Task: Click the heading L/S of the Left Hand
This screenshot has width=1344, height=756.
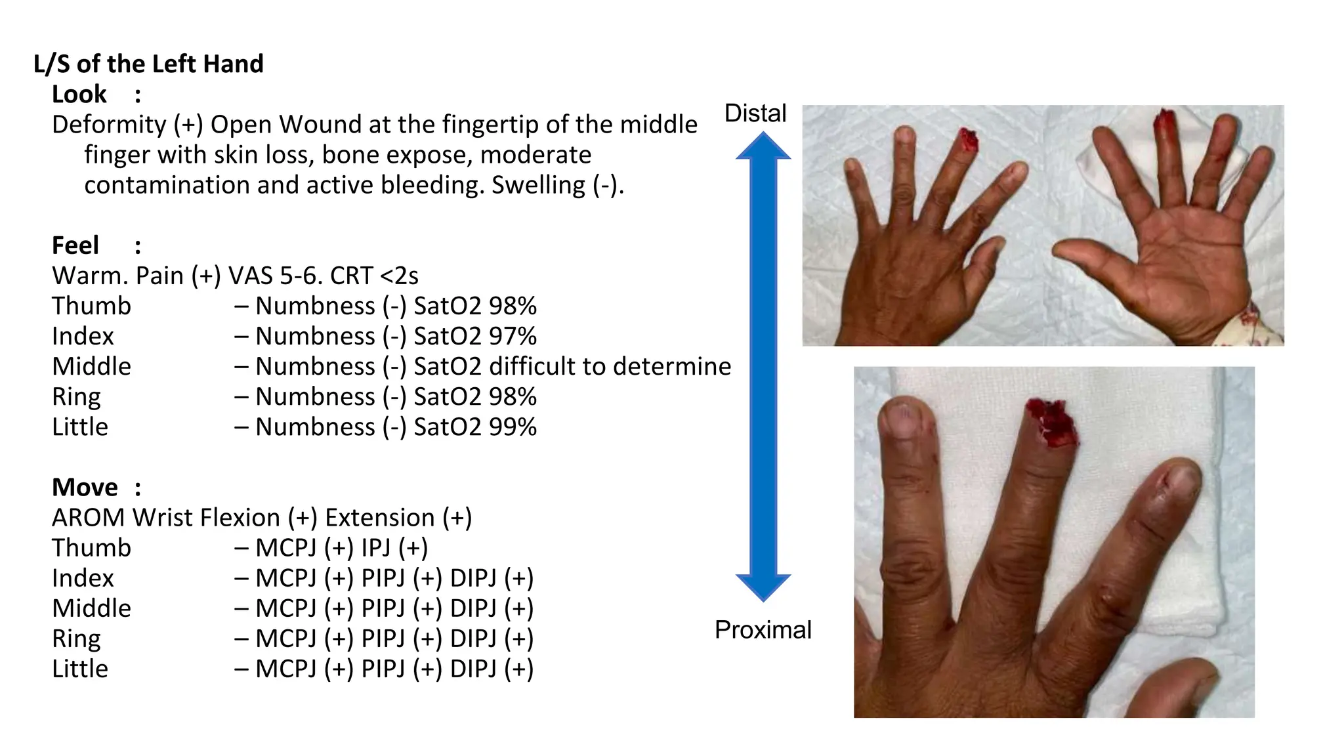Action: click(148, 64)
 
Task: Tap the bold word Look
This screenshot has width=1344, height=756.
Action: click(79, 94)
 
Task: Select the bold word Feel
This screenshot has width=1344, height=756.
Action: click(75, 245)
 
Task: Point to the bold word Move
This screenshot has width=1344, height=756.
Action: click(85, 488)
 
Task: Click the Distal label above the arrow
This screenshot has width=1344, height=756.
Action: click(755, 114)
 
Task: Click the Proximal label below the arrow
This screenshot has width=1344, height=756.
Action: click(763, 630)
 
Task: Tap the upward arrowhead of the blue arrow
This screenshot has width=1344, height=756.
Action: click(763, 146)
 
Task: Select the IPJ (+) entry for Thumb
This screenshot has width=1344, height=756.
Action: click(394, 548)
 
